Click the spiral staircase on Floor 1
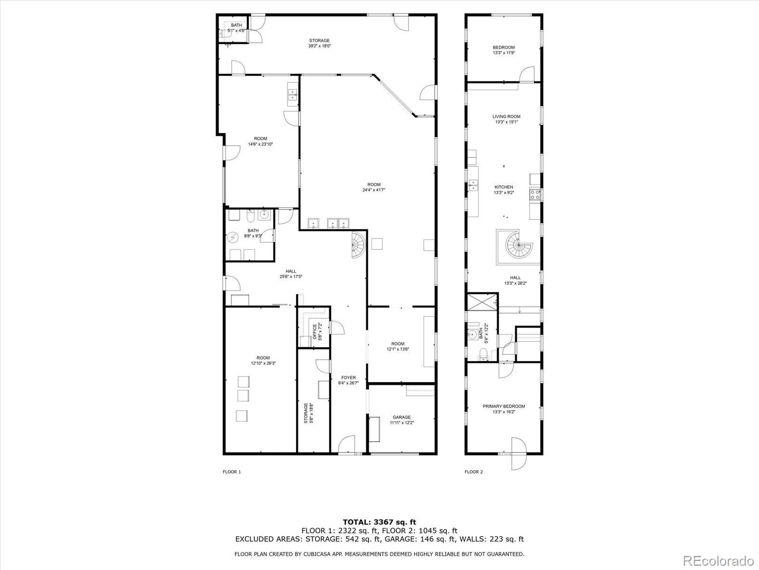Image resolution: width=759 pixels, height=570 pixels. (358, 245)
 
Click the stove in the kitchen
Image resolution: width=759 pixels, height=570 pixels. (536, 194)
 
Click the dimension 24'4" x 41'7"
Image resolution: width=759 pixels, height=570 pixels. (374, 190)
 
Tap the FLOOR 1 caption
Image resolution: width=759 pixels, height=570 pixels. (232, 472)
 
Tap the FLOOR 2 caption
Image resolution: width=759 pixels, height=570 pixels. (473, 472)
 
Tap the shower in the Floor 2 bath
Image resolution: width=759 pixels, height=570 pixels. (482, 302)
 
